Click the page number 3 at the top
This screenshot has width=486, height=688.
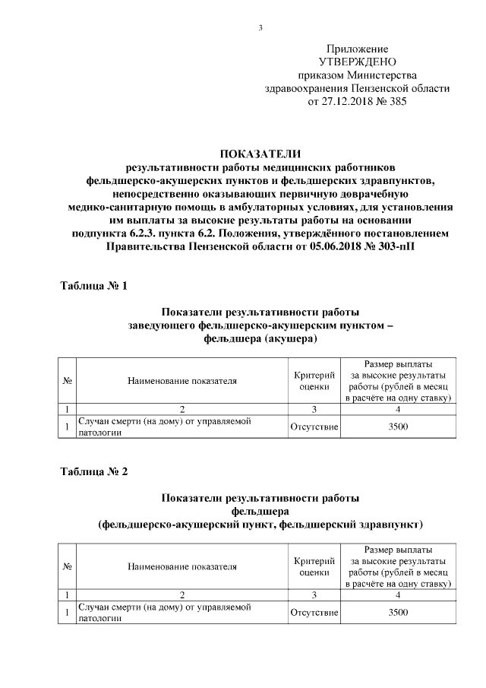point(260,28)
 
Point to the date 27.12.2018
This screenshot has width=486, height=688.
point(349,101)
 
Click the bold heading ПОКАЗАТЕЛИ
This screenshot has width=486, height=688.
point(260,153)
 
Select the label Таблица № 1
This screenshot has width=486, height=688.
point(93,287)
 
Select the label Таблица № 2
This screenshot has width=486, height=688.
point(93,471)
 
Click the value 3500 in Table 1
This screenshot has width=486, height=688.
point(398,426)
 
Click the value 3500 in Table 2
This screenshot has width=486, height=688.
point(398,612)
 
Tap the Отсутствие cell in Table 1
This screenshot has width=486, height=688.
point(314,426)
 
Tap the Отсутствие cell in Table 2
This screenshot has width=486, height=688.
point(314,612)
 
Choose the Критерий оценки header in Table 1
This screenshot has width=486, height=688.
point(314,381)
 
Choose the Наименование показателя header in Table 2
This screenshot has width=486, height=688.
point(182,566)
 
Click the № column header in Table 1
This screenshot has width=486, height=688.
point(67,381)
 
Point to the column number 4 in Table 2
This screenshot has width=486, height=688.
point(398,594)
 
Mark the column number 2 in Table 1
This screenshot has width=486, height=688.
point(182,409)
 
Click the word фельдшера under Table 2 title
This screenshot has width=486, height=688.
point(260,511)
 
